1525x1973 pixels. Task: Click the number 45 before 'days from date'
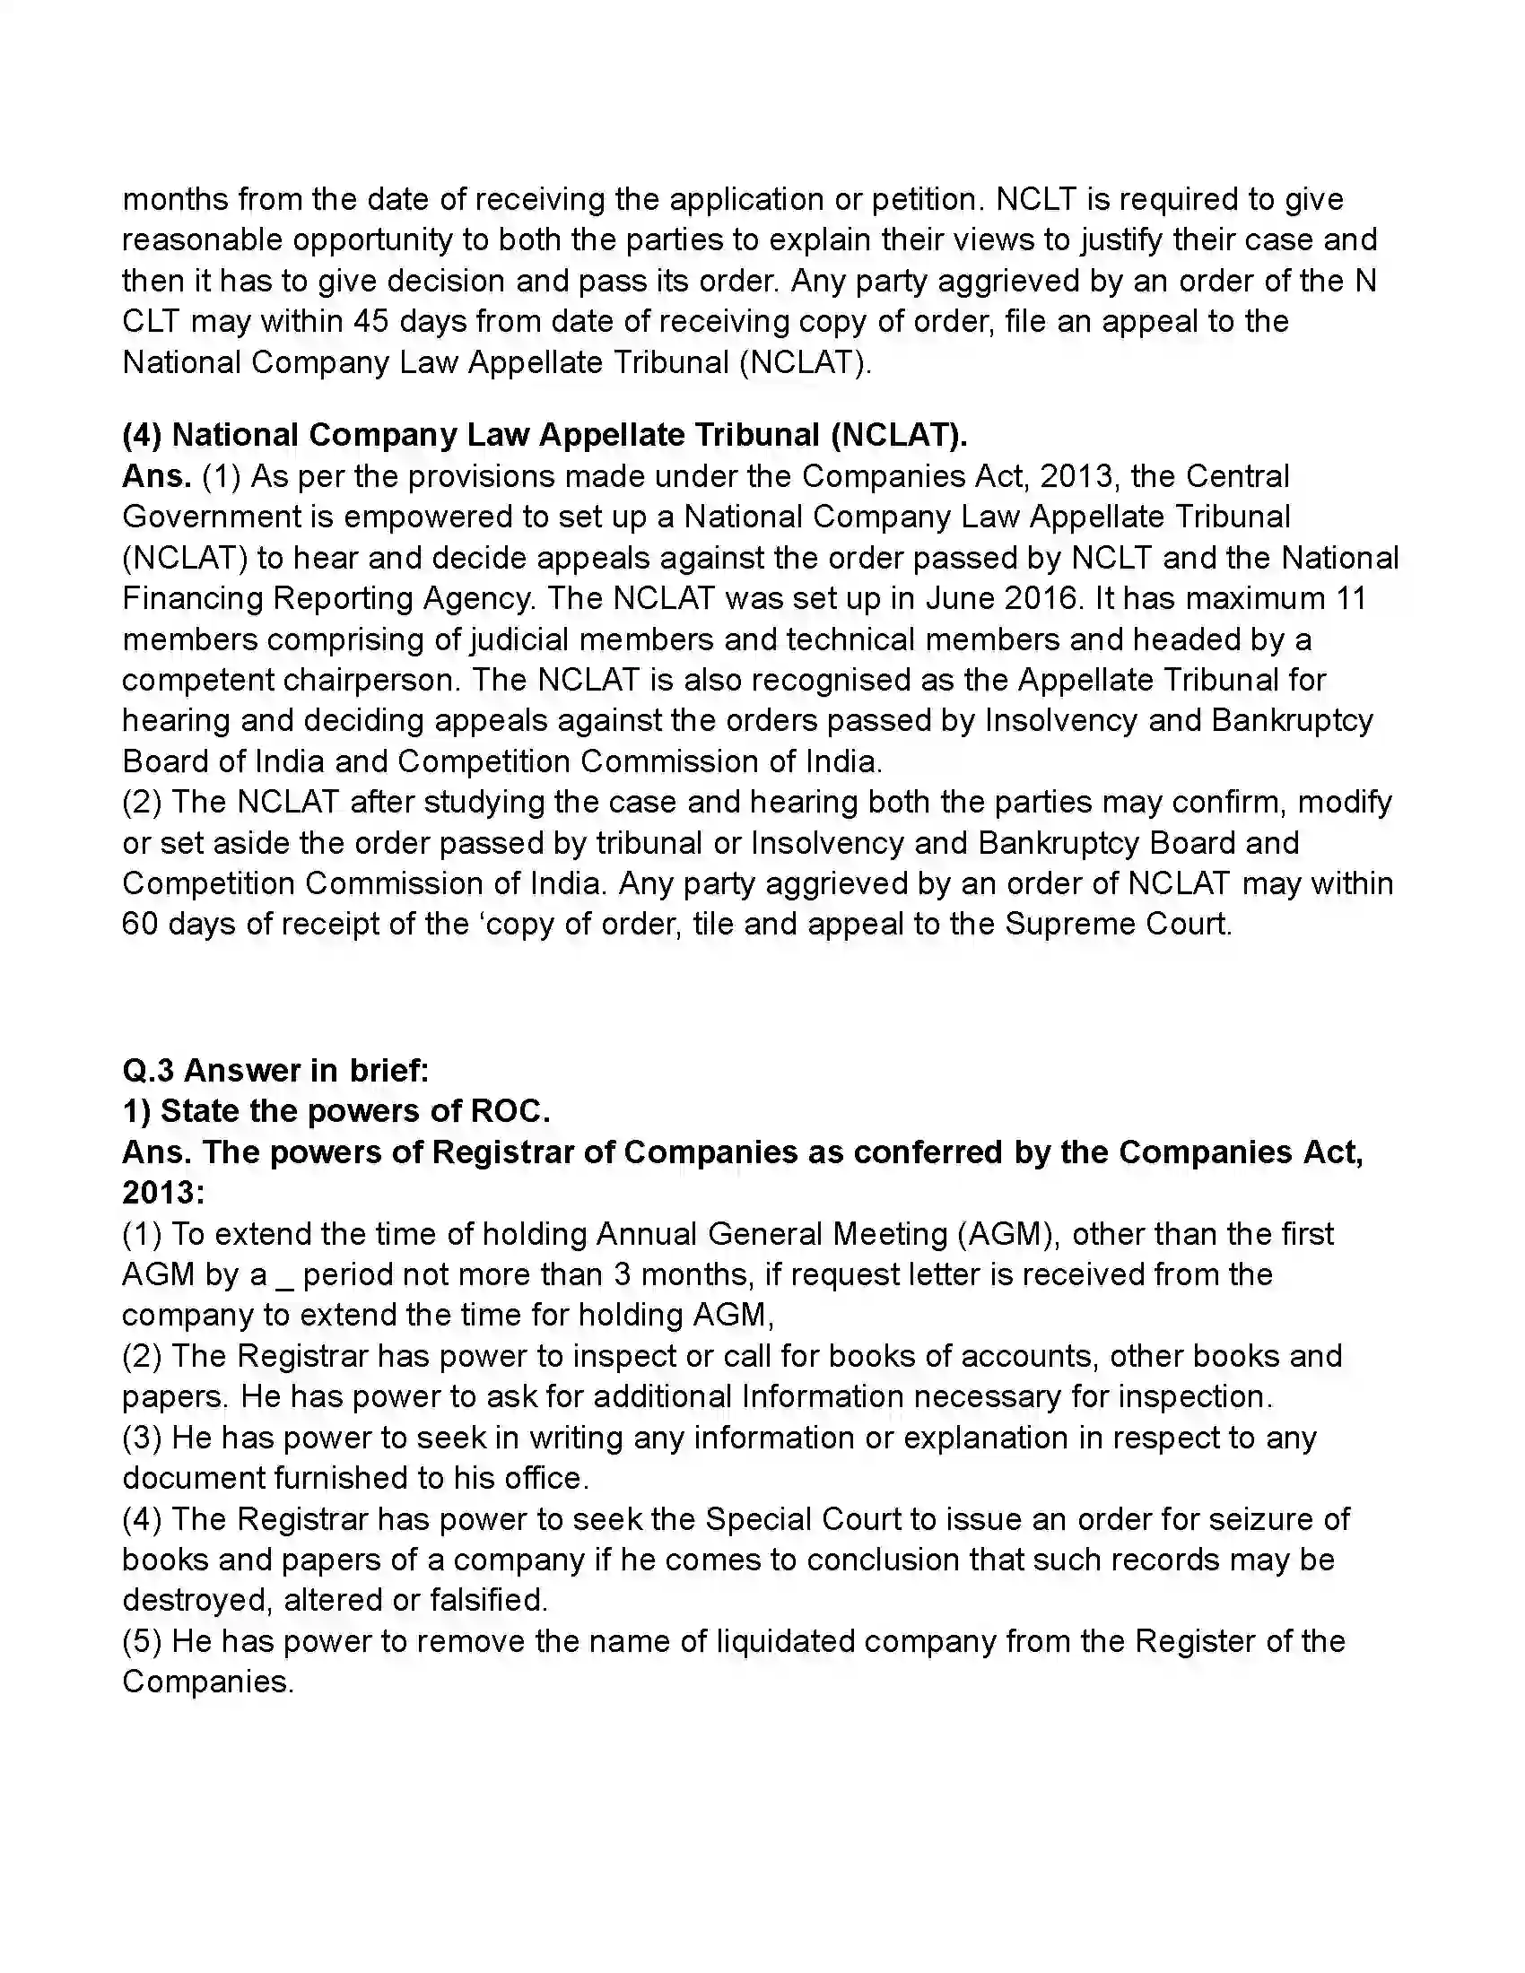coord(371,322)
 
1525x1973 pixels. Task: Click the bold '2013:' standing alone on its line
coord(163,1194)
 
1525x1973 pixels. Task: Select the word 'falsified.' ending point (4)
coord(488,1601)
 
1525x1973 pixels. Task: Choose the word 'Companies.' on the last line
coord(208,1682)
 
